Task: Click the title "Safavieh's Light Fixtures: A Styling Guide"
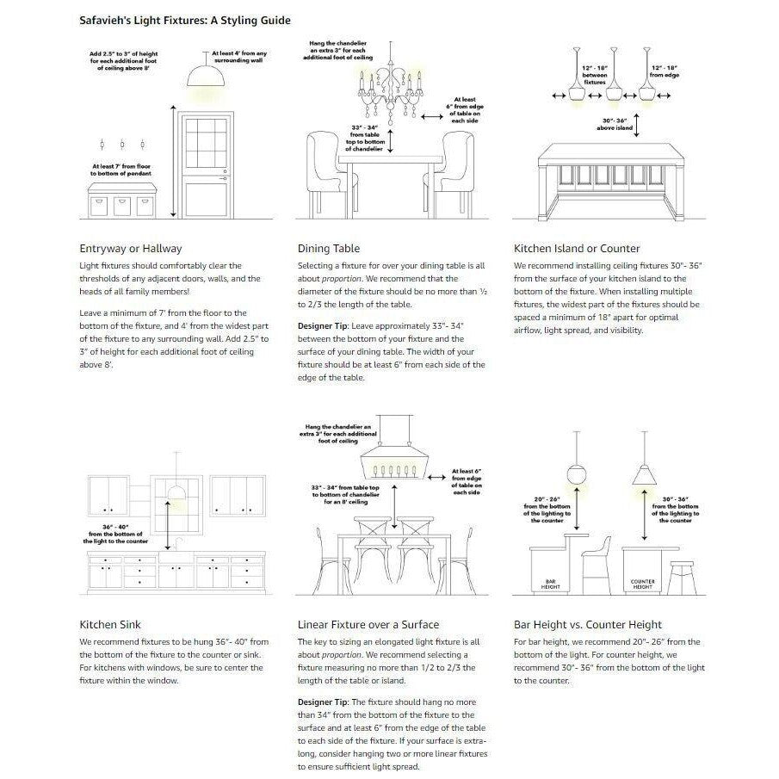pyautogui.click(x=184, y=20)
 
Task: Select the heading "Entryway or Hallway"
pyautogui.click(x=130, y=249)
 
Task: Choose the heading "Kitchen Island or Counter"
pyautogui.click(x=577, y=249)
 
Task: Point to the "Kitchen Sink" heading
pyautogui.click(x=110, y=624)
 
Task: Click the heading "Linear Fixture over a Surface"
pyautogui.click(x=368, y=624)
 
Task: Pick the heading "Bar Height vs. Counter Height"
pyautogui.click(x=587, y=624)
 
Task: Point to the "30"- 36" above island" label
pyautogui.click(x=618, y=125)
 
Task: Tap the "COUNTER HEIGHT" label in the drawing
pyautogui.click(x=643, y=584)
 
